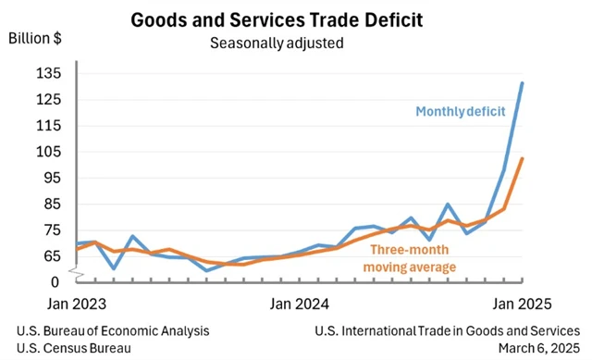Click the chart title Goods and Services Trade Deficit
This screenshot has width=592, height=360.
click(x=277, y=19)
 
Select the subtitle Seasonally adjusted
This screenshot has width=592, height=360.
click(x=277, y=43)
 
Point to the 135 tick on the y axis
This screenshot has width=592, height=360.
click(x=47, y=73)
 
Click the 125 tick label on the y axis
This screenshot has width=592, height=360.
click(x=47, y=99)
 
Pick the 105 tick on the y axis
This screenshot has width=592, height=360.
click(x=47, y=152)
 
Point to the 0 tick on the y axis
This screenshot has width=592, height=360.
click(x=55, y=280)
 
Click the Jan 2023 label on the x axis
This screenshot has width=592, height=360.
click(x=76, y=304)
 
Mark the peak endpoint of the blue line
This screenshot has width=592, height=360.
click(x=523, y=83)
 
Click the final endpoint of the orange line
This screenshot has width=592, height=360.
click(x=523, y=158)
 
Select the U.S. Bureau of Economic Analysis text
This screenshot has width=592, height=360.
click(x=113, y=330)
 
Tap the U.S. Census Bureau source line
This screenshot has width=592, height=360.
click(x=73, y=348)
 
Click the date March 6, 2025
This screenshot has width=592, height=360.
click(x=538, y=348)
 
